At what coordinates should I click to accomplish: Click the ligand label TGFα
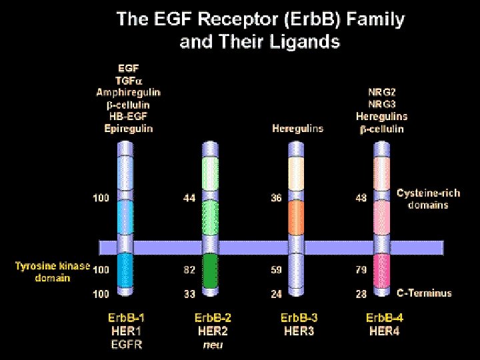129,79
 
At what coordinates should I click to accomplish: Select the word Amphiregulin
129,92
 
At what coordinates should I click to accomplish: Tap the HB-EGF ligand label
129,116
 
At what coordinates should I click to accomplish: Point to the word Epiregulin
129,128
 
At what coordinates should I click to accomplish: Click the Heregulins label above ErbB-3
297,128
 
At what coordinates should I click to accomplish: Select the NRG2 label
382,92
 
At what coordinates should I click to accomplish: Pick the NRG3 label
382,104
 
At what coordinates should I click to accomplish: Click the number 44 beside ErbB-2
190,198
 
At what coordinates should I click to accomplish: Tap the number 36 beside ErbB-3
276,198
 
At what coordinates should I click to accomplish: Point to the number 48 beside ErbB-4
361,198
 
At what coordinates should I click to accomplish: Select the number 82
190,270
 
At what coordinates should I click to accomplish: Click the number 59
276,270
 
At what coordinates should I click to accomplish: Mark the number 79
361,270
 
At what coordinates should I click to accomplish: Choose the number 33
190,293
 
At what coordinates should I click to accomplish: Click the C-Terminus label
425,293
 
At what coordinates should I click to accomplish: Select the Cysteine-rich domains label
428,199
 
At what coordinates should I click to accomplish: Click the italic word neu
213,344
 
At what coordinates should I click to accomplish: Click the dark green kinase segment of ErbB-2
211,272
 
